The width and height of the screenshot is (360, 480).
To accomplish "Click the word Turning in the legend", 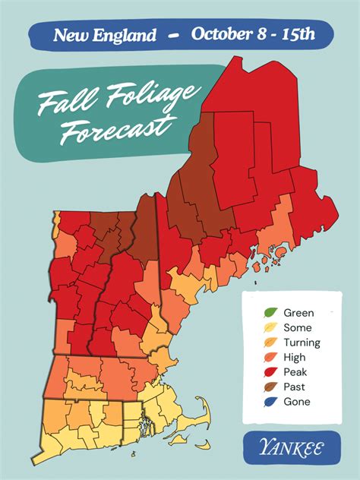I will coord(302,343).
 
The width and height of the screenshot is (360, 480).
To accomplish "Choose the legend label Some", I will coord(296,327).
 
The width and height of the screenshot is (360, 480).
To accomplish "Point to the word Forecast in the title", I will coord(115,130).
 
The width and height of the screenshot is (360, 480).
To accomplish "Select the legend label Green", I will coord(298,312).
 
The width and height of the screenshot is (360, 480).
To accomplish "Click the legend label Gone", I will coord(296,402).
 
